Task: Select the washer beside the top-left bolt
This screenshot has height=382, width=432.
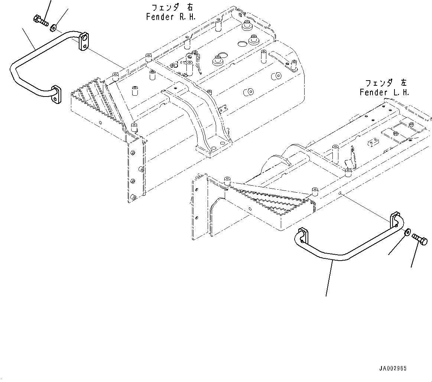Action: point(53,27)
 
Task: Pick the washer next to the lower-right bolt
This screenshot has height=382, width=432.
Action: point(407,232)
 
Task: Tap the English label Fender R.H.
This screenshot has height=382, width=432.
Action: point(170,17)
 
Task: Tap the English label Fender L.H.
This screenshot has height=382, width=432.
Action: point(384,92)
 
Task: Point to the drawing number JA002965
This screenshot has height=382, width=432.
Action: point(393,369)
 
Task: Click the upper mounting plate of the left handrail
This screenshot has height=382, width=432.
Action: point(85,42)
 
